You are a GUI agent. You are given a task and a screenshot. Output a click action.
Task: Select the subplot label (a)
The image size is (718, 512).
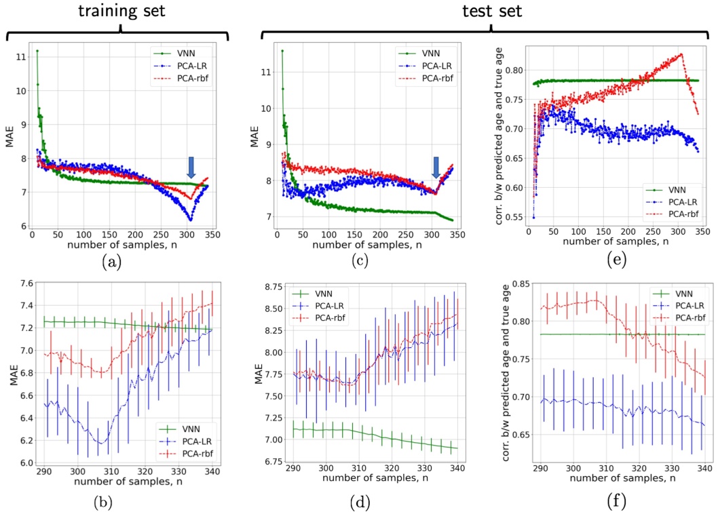tap(111, 261)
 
